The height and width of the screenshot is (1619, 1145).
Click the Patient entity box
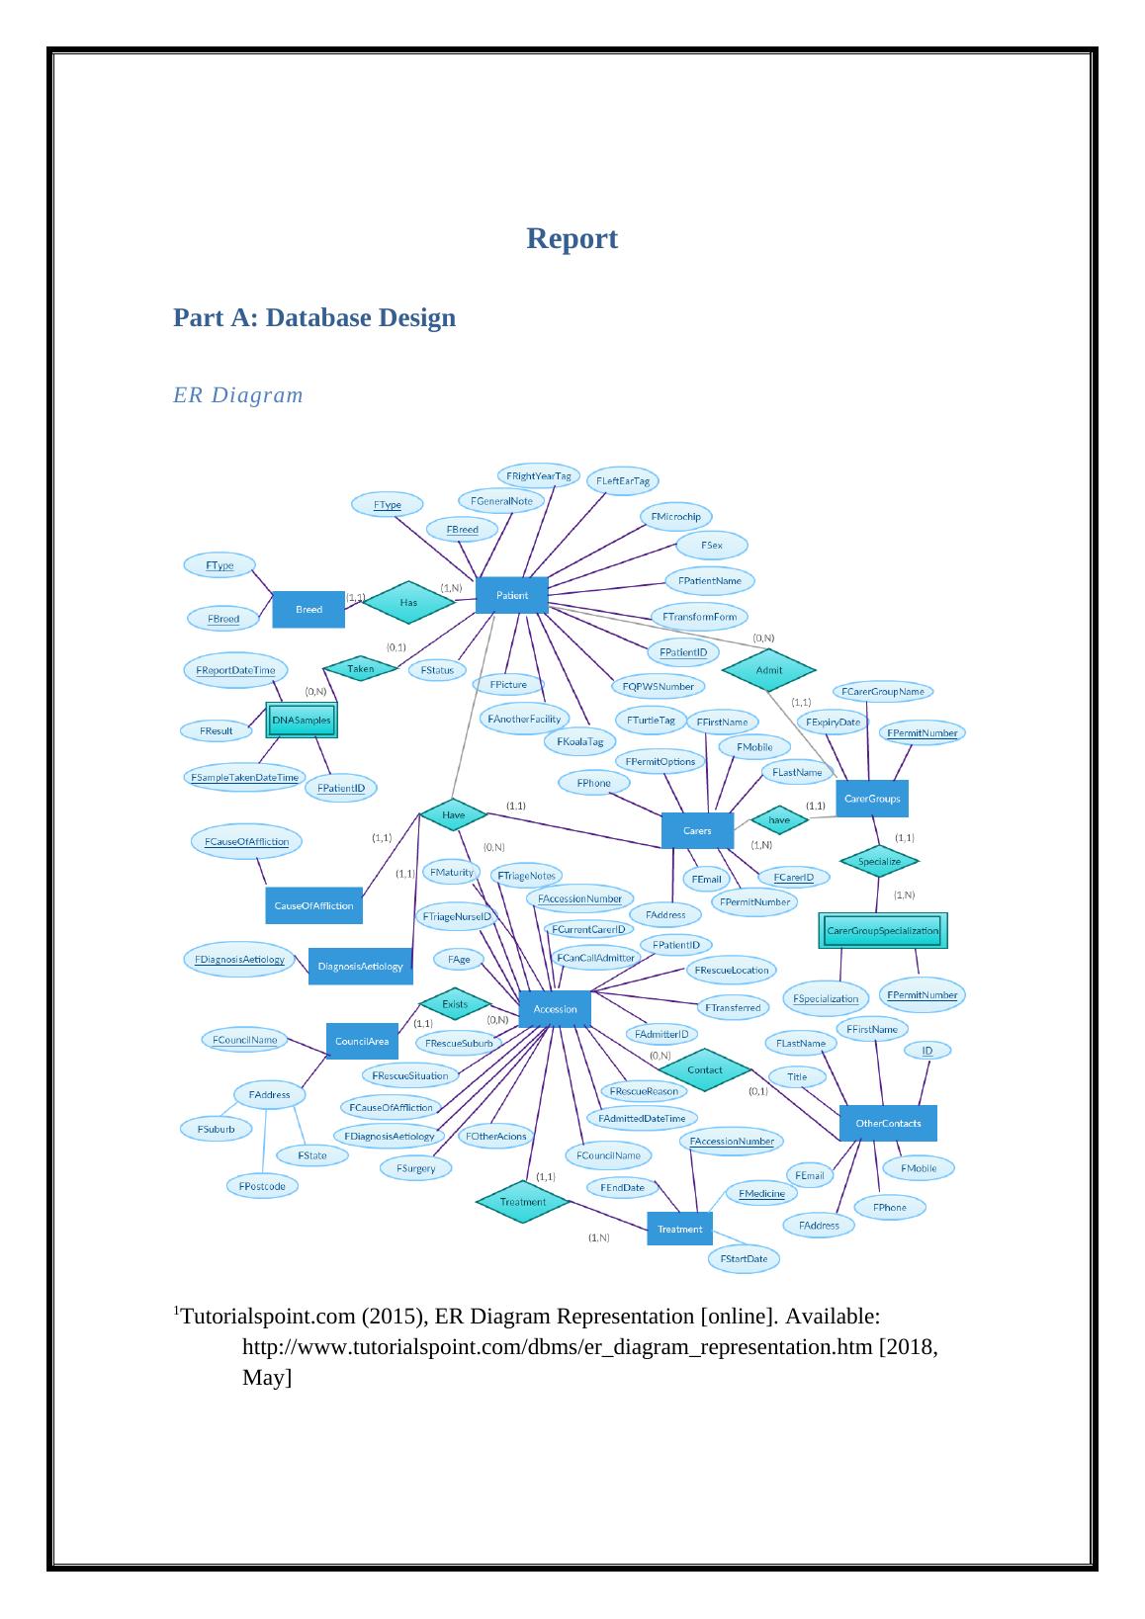pos(511,595)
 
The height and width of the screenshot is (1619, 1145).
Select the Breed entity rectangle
pos(308,610)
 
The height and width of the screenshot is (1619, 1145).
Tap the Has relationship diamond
pos(407,601)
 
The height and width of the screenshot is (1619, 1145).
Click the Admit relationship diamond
pos(769,669)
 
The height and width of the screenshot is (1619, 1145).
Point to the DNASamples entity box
pos(302,721)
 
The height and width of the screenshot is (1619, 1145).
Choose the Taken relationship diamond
pos(361,669)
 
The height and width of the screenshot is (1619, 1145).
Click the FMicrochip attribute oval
pos(676,516)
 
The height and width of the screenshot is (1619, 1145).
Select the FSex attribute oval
pos(711,545)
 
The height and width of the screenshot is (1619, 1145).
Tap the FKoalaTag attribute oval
pos(579,741)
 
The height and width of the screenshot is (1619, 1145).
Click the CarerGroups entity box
pos(872,799)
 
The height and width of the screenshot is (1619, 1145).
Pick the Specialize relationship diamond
pos(879,861)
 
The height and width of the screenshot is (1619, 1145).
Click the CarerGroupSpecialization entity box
pos(882,930)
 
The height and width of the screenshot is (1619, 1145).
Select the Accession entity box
pos(555,1009)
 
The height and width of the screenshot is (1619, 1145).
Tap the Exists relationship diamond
pos(455,1003)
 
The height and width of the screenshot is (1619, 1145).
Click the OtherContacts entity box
pos(888,1123)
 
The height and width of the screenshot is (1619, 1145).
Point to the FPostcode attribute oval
pos(262,1186)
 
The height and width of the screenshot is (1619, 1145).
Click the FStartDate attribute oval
pos(744,1258)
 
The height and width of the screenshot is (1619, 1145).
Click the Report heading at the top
pos(572,238)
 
